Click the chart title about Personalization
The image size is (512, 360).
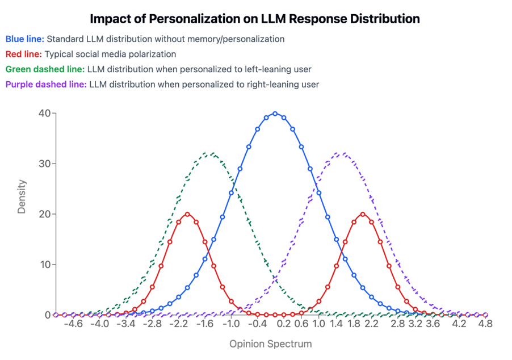[x=255, y=19]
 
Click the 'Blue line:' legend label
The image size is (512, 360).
[x=24, y=39]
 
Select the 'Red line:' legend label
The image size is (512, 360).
[x=23, y=55]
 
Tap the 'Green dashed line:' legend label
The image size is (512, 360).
[x=44, y=69]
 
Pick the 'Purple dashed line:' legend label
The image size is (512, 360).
[x=46, y=85]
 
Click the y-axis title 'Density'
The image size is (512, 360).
[x=22, y=196]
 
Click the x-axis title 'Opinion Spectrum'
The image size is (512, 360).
[x=270, y=344]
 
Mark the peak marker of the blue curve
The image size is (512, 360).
[x=275, y=114]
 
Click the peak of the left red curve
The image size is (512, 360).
[x=187, y=214]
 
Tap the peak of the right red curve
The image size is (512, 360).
[x=363, y=214]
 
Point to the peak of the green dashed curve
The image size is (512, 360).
[x=211, y=153]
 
